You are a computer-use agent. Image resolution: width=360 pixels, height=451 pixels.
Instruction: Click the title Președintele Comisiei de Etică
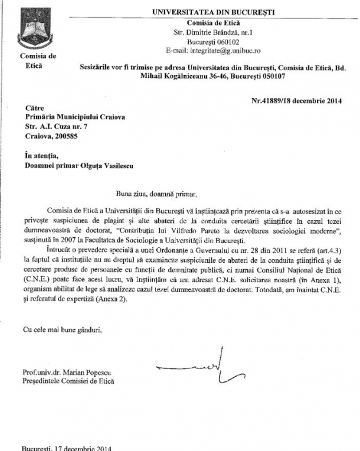(x=69, y=381)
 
